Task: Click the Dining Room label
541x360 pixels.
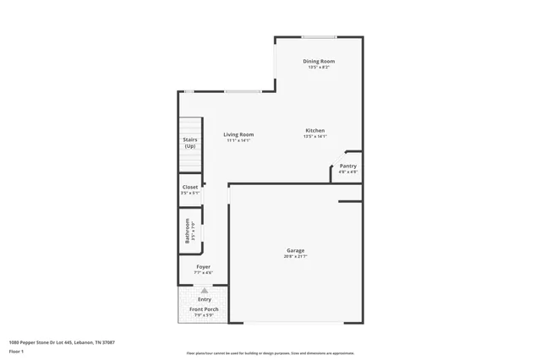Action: [319, 61]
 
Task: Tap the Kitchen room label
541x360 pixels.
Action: [314, 130]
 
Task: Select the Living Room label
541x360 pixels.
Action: [238, 134]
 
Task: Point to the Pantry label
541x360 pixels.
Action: [347, 166]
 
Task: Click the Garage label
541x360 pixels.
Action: [295, 250]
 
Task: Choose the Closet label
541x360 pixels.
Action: [190, 187]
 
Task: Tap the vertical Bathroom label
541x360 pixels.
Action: [188, 231]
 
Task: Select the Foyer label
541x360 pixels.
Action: [203, 267]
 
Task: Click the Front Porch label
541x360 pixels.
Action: [203, 309]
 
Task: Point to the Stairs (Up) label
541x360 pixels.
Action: [190, 143]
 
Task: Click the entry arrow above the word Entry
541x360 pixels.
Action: [204, 290]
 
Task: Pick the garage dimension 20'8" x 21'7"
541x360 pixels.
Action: [295, 256]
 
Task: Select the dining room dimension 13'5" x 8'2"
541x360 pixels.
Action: [319, 67]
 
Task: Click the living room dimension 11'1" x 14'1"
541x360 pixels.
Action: [238, 140]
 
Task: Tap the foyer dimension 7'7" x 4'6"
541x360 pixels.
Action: [203, 273]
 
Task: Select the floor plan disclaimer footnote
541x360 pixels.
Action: [270, 353]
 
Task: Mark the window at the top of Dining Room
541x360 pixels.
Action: [319, 36]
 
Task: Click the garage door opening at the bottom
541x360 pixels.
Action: [295, 322]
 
